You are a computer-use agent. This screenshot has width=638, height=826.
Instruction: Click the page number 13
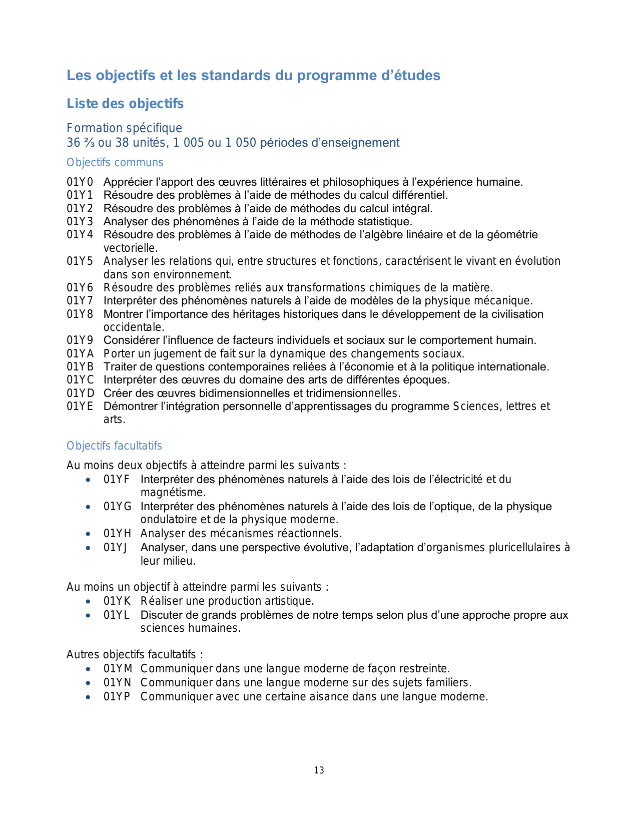319,770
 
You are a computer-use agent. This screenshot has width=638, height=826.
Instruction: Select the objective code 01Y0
80,182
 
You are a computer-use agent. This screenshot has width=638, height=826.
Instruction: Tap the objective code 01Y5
80,261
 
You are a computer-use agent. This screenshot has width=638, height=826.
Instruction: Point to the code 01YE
80,406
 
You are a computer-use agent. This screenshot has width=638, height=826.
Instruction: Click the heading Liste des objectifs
125,104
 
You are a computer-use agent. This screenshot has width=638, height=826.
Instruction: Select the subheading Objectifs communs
115,163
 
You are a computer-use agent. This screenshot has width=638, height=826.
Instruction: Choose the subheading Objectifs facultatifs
114,446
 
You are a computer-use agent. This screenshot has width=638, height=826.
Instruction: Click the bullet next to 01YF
89,480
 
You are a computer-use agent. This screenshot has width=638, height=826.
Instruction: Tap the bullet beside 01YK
89,601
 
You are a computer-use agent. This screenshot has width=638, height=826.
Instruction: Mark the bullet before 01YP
89,697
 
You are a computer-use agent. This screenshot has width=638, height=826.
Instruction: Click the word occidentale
134,327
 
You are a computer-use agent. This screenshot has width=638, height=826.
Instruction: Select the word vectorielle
130,248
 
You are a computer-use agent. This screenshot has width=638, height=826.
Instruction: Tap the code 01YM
118,669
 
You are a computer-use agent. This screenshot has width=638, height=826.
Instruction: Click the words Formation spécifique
124,128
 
